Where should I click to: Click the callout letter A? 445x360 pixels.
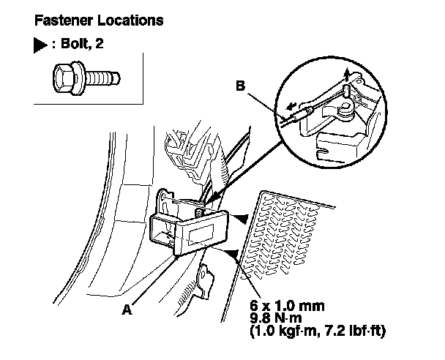tap(127, 310)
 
